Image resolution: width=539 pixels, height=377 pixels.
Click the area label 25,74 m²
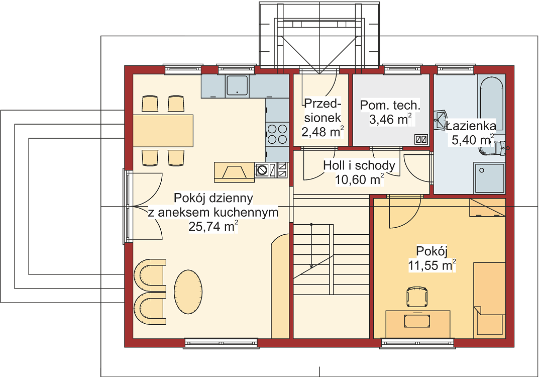(x=213, y=226)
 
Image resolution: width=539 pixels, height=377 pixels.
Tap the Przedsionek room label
(x=322, y=111)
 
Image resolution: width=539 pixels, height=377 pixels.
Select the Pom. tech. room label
(x=390, y=105)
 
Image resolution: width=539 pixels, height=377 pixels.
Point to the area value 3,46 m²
(x=390, y=119)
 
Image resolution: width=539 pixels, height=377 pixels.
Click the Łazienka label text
(x=471, y=126)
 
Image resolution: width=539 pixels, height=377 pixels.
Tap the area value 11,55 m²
(x=432, y=265)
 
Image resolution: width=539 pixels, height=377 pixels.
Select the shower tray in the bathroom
(x=489, y=178)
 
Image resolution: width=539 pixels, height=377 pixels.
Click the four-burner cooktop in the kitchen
(x=277, y=134)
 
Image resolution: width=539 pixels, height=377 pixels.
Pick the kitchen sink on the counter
(x=237, y=85)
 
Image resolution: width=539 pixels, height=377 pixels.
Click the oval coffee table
(x=188, y=292)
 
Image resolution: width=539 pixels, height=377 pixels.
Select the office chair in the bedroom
(x=417, y=297)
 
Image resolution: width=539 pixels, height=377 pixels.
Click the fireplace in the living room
(x=234, y=172)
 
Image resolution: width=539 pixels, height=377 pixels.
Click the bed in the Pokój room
(x=489, y=300)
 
